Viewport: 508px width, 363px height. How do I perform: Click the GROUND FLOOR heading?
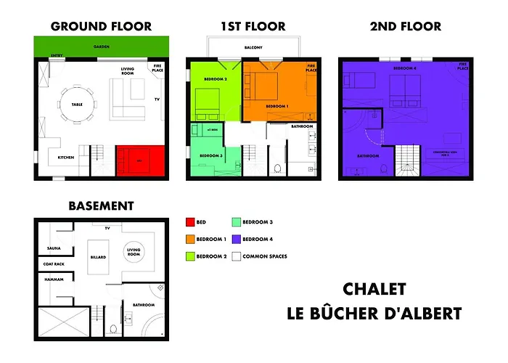point(101,27)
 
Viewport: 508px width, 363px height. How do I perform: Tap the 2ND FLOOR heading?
point(405,27)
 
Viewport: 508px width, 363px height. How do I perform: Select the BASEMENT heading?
point(101,206)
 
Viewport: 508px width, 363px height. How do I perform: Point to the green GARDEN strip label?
point(101,46)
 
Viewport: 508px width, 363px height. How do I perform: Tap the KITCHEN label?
point(66,158)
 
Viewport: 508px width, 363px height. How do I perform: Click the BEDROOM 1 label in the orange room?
point(277,106)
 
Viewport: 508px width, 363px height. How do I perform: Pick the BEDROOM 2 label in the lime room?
point(216,79)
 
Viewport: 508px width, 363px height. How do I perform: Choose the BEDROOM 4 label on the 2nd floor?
point(404,68)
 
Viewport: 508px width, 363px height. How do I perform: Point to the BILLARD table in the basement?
point(99,256)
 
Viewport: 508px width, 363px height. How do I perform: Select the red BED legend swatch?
point(190,221)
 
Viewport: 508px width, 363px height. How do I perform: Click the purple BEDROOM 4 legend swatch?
point(237,239)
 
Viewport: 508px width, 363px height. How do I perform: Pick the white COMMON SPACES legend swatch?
point(237,256)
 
